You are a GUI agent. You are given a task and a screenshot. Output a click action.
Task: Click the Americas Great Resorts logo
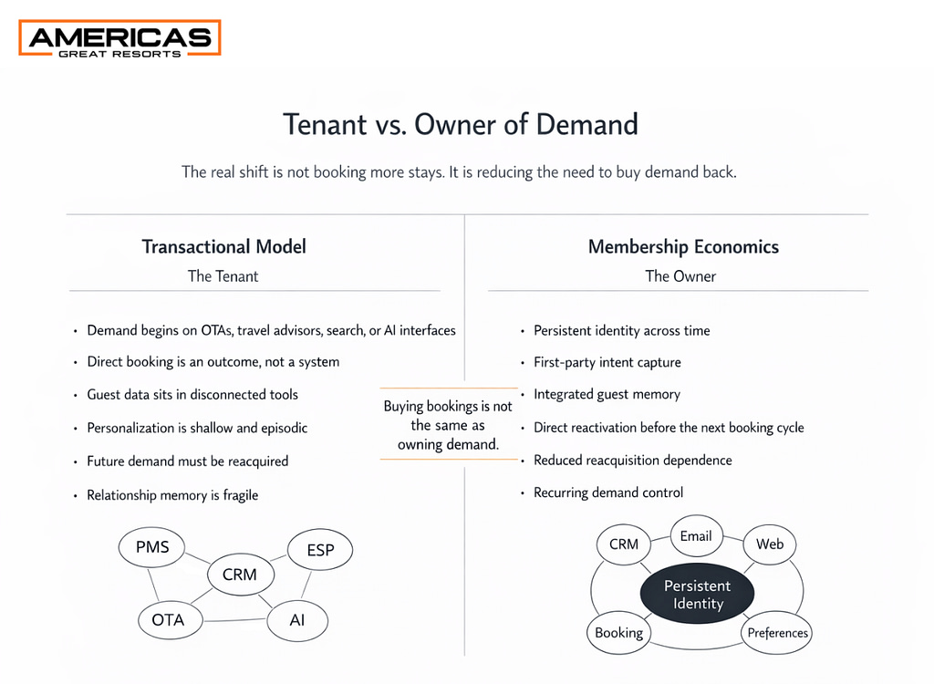tap(119, 38)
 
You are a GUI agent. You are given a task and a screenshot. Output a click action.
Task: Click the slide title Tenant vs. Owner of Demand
tap(461, 123)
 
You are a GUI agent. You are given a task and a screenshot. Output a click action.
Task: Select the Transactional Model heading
tap(223, 246)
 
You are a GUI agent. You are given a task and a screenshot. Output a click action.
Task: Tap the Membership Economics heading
tap(683, 246)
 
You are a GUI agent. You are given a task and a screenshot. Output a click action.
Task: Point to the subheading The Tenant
tap(223, 275)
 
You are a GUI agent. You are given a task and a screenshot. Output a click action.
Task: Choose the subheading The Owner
tap(680, 275)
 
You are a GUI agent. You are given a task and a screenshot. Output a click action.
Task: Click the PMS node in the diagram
tap(151, 548)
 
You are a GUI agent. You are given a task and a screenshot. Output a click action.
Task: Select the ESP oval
tap(320, 550)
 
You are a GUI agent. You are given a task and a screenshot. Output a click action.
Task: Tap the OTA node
tap(168, 620)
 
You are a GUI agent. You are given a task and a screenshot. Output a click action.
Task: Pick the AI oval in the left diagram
tap(297, 620)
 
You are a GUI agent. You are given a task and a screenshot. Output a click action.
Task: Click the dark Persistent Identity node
tap(697, 594)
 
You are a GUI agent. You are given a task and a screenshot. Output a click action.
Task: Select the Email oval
tap(696, 536)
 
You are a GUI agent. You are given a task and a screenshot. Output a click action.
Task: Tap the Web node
tap(770, 544)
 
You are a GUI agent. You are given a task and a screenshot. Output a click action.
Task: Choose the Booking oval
tap(619, 632)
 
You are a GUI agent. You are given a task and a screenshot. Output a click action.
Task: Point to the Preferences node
tap(778, 633)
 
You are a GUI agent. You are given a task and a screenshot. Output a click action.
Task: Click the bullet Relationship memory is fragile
tap(172, 495)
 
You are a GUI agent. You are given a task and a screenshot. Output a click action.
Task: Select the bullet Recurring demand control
tap(608, 492)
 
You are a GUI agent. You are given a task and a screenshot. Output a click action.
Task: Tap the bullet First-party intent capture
tap(607, 362)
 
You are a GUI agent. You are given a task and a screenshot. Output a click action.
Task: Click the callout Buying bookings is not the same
tap(448, 425)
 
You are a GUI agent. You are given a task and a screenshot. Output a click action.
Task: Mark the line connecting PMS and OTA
tap(155, 584)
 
